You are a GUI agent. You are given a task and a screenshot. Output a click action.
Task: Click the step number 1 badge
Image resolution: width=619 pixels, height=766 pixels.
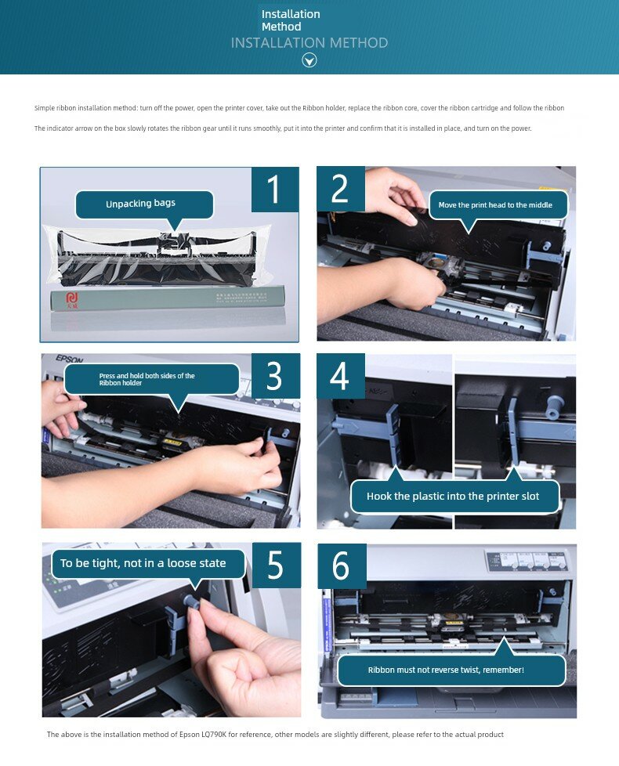pos(275,189)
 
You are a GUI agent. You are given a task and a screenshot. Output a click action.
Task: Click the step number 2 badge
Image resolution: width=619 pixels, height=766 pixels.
pos(341,189)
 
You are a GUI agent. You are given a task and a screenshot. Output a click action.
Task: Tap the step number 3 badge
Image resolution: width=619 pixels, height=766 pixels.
pos(276,376)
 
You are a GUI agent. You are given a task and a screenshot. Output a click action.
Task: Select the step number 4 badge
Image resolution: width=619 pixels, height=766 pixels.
pos(341,376)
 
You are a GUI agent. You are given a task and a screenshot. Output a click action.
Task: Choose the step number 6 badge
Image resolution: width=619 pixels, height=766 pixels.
pos(342,565)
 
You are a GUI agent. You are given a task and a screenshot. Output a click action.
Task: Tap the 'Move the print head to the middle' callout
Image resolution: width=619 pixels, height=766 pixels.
pos(498,207)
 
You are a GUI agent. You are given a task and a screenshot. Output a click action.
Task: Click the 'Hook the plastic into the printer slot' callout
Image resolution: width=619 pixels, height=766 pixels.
pos(454,493)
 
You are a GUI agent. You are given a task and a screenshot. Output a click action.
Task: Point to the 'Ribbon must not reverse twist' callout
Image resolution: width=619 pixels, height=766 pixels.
pos(451,667)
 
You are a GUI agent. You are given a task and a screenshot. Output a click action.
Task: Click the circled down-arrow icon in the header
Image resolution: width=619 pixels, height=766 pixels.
pos(309,60)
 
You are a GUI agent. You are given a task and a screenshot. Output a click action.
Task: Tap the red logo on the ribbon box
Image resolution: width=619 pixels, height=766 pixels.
pos(72,299)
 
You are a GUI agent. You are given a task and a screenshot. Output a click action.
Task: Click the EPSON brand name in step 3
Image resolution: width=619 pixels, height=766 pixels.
pos(70,359)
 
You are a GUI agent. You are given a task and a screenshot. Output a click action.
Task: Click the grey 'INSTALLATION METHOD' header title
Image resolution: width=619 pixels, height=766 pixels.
pos(309,43)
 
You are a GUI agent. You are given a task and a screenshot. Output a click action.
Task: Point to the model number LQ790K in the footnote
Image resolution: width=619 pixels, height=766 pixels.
pos(213,734)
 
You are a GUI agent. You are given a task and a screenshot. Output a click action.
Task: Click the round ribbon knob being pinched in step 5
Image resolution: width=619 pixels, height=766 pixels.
pos(191,602)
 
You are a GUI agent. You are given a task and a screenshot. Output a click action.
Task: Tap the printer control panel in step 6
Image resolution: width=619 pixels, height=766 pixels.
pos(527,560)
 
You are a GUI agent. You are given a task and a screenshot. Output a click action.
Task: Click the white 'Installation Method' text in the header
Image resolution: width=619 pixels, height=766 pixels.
pos(291,20)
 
